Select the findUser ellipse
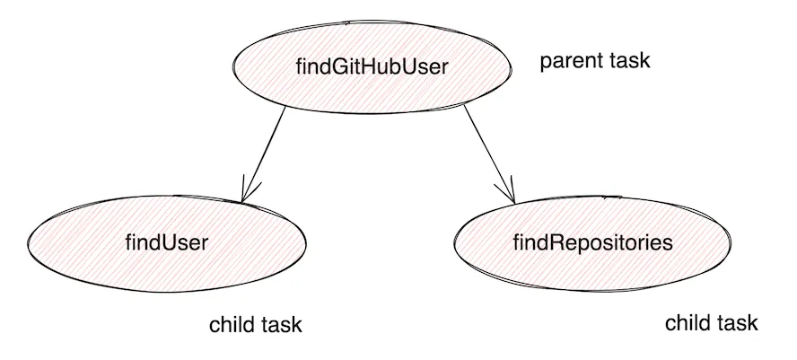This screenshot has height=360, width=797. point(167,241)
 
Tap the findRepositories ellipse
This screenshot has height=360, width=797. point(592,241)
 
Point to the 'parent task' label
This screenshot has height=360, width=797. point(594,62)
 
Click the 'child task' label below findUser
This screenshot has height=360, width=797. point(256,325)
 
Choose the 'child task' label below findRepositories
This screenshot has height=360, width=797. point(711,323)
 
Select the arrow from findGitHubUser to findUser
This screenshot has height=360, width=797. point(263,153)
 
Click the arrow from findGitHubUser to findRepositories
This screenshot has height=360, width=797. point(489,153)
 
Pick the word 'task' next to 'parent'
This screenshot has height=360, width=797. point(631,62)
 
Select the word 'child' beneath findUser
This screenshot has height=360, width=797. point(231,325)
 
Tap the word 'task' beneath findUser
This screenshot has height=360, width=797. point(283,325)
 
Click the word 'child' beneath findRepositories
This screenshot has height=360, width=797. point(686,323)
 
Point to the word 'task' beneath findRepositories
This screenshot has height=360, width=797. point(739,323)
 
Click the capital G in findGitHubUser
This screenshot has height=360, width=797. point(335,67)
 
